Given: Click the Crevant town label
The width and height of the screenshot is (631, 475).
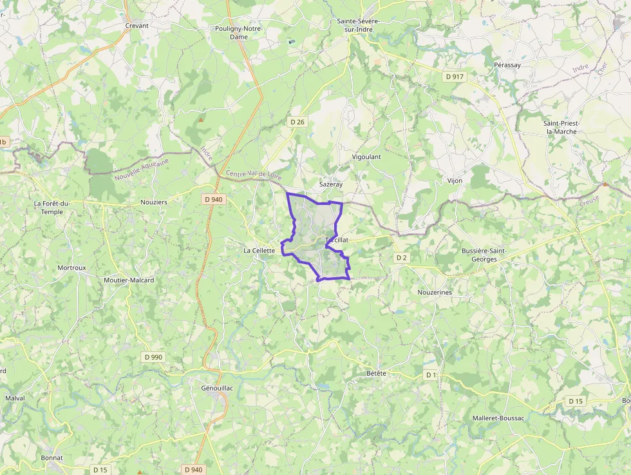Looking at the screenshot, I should [137, 26].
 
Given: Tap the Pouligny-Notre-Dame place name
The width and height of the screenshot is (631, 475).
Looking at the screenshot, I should [238, 33].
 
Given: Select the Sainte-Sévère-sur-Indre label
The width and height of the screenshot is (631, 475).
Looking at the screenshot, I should [359, 25].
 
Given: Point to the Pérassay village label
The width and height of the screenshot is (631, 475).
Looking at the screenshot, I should [507, 65].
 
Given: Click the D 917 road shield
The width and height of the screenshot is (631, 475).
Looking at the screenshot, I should [454, 77].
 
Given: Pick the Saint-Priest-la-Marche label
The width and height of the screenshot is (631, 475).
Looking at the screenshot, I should [560, 127].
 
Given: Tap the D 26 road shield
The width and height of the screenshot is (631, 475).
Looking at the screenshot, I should [297, 122].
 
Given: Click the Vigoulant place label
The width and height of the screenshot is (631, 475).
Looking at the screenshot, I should [366, 157].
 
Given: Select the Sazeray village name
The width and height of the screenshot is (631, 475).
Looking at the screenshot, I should [331, 184].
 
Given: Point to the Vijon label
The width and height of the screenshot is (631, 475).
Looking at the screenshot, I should [455, 181].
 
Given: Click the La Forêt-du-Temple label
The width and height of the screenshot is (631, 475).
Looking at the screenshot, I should [57, 207].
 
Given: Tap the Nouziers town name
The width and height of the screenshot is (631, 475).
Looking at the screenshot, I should [153, 202].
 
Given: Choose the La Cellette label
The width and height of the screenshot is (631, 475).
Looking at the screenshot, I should [259, 251].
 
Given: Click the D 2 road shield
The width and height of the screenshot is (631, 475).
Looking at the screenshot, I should [402, 258].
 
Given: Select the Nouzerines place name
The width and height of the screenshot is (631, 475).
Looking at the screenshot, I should [435, 292].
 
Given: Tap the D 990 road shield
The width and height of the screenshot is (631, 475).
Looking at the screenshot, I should [154, 356].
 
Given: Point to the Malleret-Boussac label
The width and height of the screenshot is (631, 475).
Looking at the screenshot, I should [498, 418].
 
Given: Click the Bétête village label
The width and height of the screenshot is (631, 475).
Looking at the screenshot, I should [376, 373].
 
